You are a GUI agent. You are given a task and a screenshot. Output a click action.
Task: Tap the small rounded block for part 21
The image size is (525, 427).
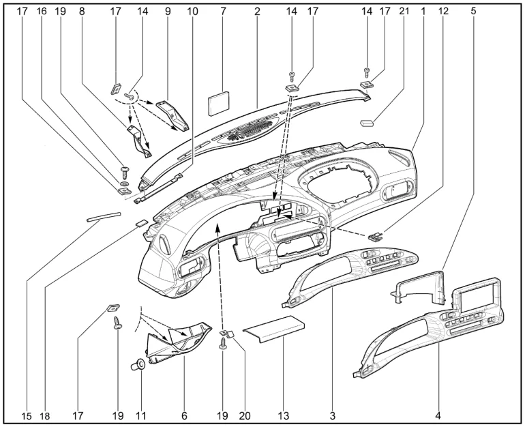(x=368, y=123)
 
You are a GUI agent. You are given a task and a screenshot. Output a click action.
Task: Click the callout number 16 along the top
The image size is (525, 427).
(x=42, y=11)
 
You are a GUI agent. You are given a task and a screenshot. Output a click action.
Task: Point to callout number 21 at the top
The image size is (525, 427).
(x=404, y=11)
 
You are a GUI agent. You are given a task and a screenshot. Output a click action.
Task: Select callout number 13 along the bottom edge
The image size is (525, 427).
(x=282, y=414)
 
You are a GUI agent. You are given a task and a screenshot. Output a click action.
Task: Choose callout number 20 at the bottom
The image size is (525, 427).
(x=243, y=414)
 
